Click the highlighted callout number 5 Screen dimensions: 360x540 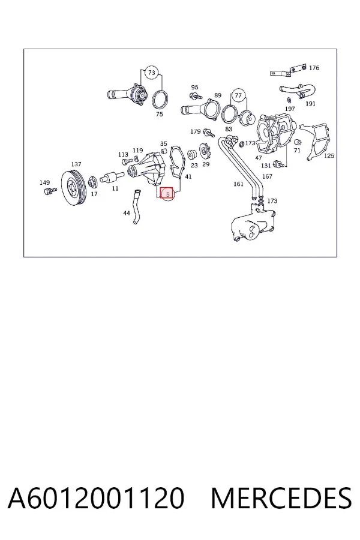(x=167, y=194)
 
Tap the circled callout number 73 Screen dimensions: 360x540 (x=152, y=73)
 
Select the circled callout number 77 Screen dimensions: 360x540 (x=238, y=95)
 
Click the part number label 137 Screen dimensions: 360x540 (x=76, y=164)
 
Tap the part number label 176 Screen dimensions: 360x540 (x=314, y=68)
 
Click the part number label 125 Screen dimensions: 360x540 (x=329, y=155)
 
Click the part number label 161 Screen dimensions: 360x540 (x=238, y=184)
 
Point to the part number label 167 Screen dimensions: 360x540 (x=267, y=176)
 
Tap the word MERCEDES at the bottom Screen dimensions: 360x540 (x=281, y=498)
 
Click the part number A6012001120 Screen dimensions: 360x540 (x=96, y=498)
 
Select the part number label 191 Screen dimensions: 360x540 (x=310, y=103)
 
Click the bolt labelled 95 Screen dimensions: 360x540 (x=196, y=96)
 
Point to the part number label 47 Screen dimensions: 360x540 (x=259, y=158)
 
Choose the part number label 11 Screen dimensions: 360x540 (x=115, y=188)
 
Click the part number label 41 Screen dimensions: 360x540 (x=188, y=176)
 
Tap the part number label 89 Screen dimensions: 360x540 (x=218, y=95)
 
